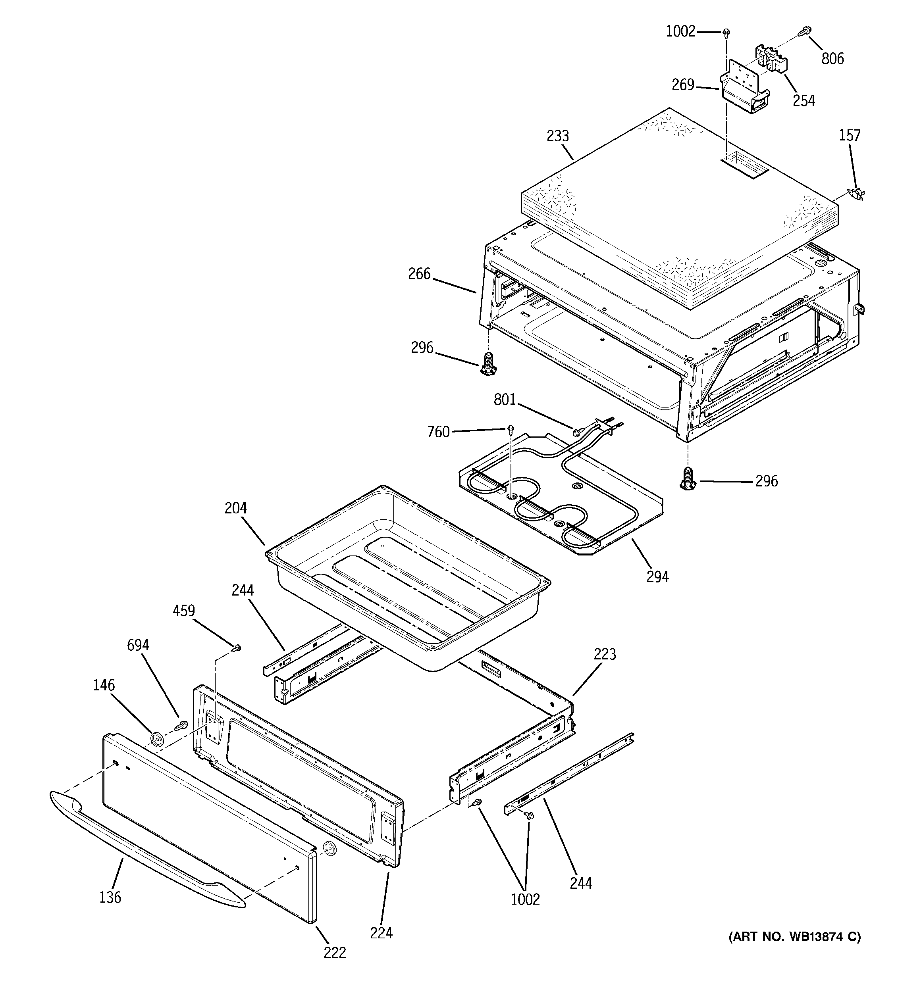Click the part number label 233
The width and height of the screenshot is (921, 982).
pos(558,136)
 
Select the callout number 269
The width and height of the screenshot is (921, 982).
pos(683,85)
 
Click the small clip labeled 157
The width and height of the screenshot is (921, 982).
pos(856,194)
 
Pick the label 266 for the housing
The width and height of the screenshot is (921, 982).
pos(419,274)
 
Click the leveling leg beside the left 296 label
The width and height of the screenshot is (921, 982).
pos(488,365)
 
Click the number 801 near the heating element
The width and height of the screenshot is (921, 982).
pos(505,400)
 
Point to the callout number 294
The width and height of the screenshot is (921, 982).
pos(657,577)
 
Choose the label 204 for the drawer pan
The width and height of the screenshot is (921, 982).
pos(235,508)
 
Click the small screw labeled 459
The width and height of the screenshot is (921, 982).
pos(237,648)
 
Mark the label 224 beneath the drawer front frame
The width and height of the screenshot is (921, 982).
pos(381,933)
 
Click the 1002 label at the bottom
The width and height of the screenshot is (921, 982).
pos(525,899)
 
